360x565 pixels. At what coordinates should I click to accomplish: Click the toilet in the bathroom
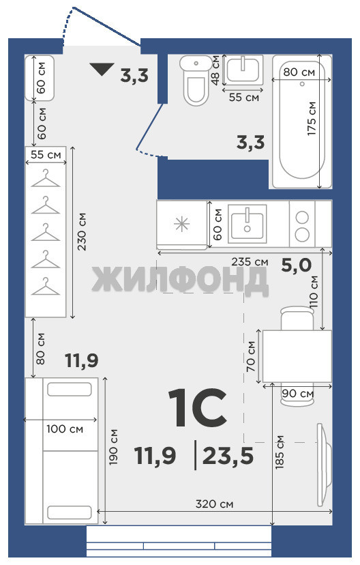tap(196, 80)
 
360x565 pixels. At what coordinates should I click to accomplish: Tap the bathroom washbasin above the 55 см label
tap(243, 70)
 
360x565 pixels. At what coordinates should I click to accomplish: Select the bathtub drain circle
tap(302, 84)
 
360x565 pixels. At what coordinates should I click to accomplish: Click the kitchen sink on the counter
tap(247, 223)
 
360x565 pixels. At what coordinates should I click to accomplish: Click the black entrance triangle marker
tap(102, 69)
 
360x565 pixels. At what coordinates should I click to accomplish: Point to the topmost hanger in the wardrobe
tap(46, 178)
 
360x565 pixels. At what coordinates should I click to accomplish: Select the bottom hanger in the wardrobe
tap(46, 286)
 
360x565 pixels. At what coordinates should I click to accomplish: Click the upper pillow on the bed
tap(70, 389)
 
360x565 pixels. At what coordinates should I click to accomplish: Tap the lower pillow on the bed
tap(70, 512)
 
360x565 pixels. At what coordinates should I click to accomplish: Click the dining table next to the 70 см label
tap(297, 356)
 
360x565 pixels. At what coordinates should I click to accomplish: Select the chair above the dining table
tap(297, 318)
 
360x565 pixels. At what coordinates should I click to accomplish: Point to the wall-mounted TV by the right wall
tap(324, 465)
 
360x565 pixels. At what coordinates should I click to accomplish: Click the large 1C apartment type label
tap(198, 407)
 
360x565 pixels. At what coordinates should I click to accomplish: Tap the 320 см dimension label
tap(214, 504)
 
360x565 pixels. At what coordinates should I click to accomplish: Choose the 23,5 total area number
tap(228, 455)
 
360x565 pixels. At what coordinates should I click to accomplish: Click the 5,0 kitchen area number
tap(297, 265)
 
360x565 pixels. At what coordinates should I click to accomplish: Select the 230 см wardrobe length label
tap(82, 232)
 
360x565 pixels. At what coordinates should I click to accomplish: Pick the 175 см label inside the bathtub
tap(312, 119)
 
